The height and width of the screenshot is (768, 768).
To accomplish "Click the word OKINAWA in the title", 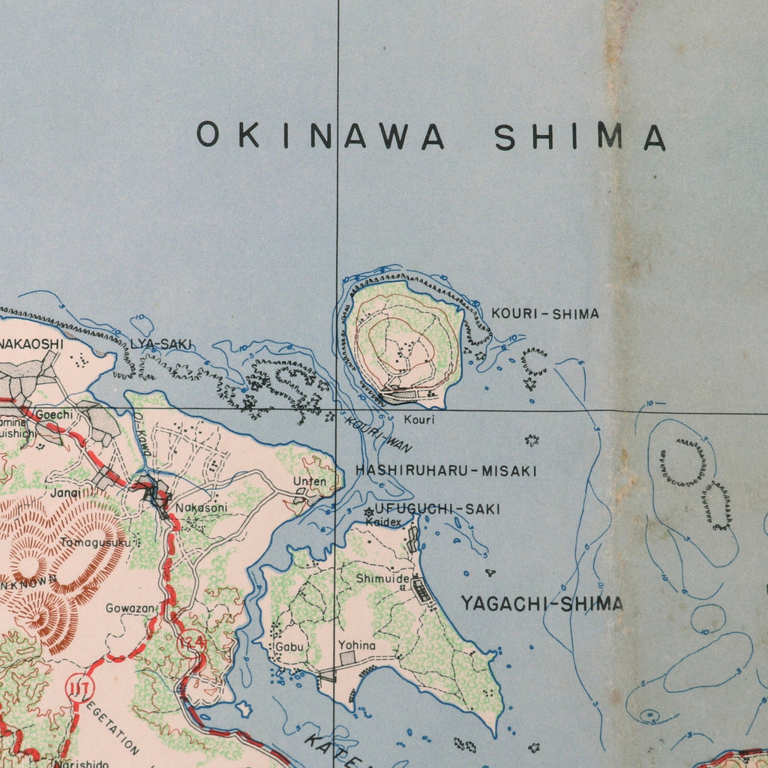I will (x=320, y=136).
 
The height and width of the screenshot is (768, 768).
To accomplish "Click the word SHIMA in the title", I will (x=580, y=137).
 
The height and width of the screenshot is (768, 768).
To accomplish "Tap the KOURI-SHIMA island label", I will (x=545, y=313).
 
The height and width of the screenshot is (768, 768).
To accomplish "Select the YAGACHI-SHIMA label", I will (x=541, y=604).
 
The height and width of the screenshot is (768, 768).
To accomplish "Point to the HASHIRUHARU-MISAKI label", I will (x=446, y=471).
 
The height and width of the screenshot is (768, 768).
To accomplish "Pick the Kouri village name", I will (x=418, y=419).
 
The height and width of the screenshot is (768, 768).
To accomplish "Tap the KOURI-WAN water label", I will (x=378, y=433).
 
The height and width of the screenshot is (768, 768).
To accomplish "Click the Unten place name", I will (x=310, y=481).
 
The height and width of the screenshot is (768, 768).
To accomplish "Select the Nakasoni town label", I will (x=201, y=508).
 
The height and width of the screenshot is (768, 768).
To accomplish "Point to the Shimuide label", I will (x=382, y=579).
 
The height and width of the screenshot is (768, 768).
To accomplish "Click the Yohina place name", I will (x=356, y=645).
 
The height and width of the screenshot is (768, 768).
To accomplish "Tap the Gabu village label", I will (x=289, y=646).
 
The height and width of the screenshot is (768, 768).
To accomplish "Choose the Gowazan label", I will (x=130, y=608).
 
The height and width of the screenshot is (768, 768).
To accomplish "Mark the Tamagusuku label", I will (x=95, y=542).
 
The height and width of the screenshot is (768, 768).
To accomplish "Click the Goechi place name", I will (x=54, y=415).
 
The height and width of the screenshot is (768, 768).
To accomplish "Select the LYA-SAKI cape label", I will (x=162, y=343).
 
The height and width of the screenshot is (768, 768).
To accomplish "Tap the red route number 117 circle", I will (x=78, y=687).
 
